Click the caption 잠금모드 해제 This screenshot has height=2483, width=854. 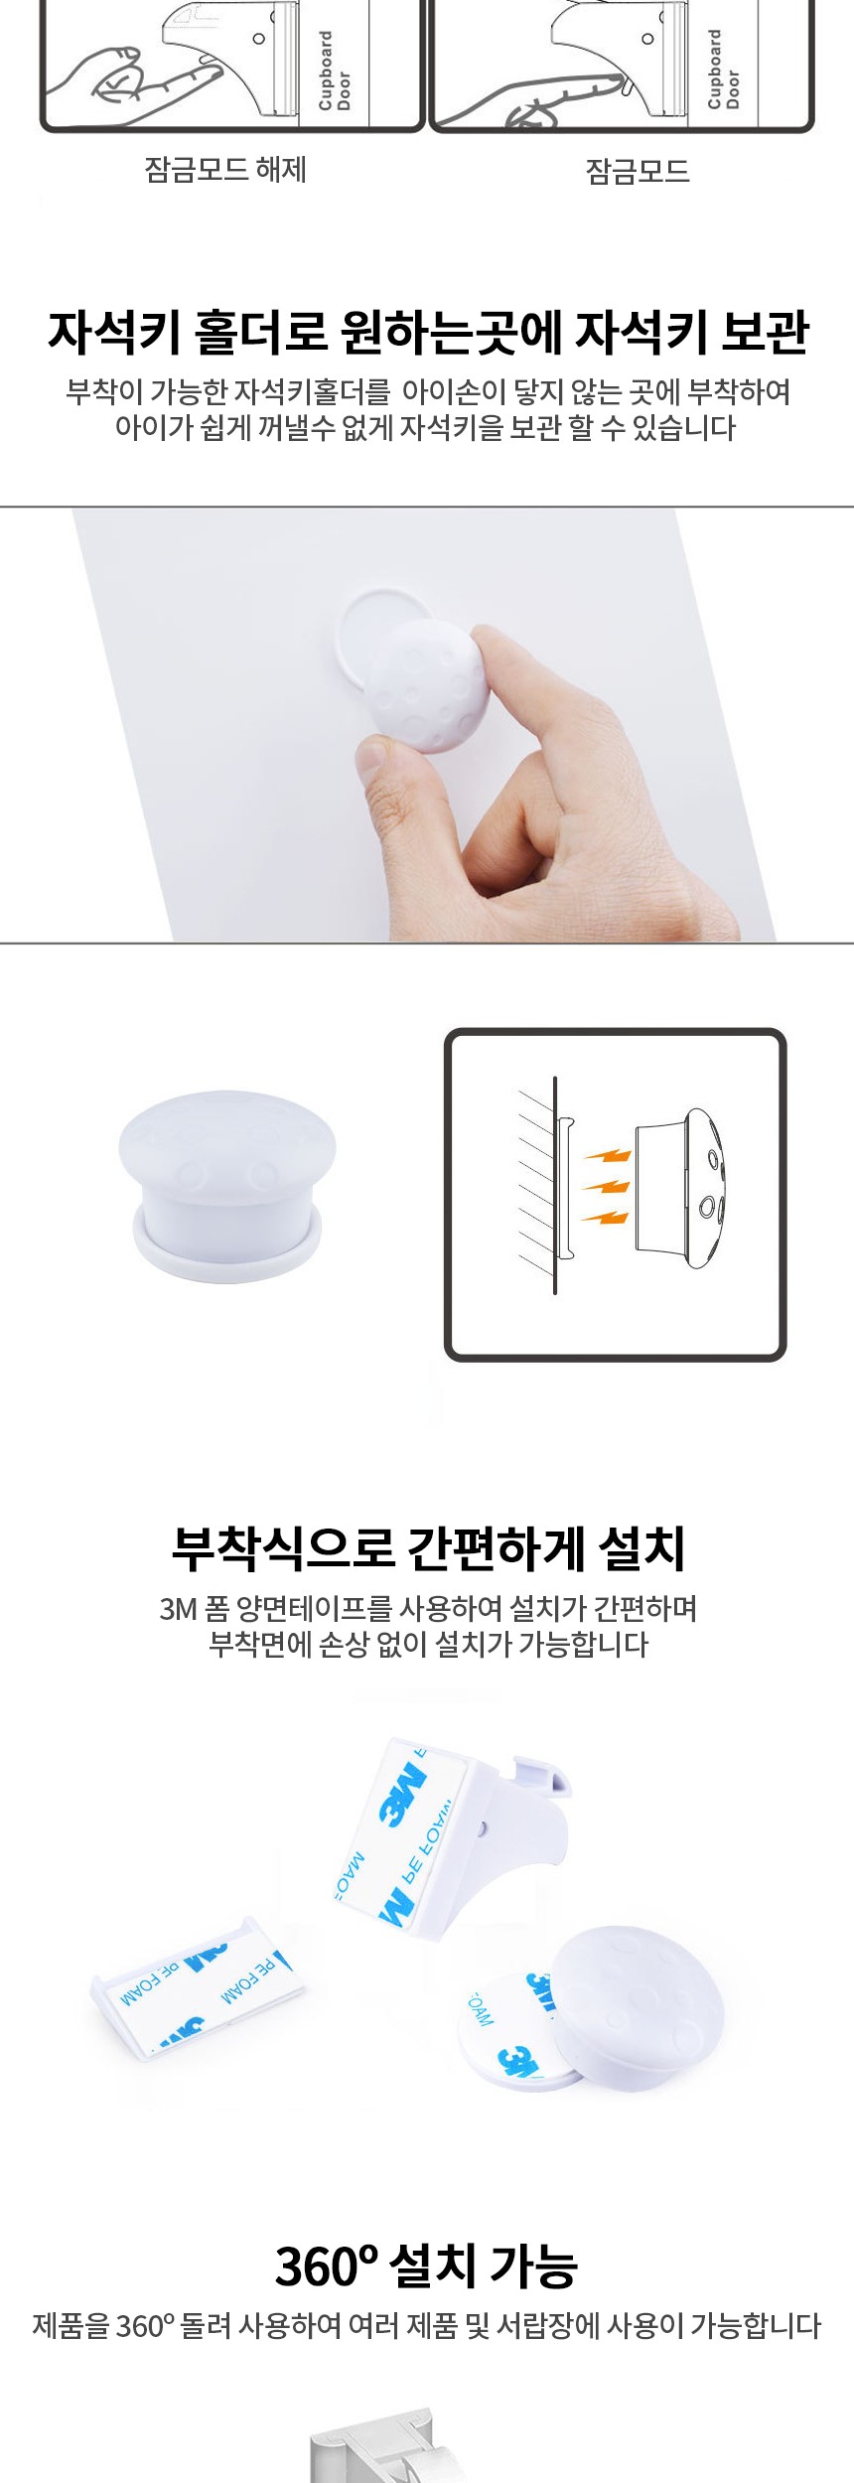pyautogui.click(x=225, y=170)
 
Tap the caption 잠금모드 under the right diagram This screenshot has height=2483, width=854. pyautogui.click(x=638, y=172)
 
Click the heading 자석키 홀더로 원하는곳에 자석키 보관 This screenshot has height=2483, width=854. pyautogui.click(x=428, y=332)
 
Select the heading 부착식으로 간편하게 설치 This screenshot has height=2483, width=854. pyautogui.click(x=428, y=1548)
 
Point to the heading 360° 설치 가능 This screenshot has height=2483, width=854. pyautogui.click(x=427, y=2265)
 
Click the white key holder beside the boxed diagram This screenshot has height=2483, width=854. pyautogui.click(x=227, y=1187)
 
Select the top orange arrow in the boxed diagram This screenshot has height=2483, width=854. pyautogui.click(x=607, y=1155)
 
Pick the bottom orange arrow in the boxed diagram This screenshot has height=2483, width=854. pyautogui.click(x=605, y=1216)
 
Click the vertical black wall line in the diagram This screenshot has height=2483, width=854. pyautogui.click(x=555, y=1185)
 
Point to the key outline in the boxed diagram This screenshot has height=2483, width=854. pyautogui.click(x=681, y=1188)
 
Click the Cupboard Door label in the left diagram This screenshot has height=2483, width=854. pyautogui.click(x=335, y=70)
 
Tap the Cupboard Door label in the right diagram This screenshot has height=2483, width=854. pyautogui.click(x=724, y=69)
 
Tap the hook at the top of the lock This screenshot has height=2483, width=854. pyautogui.click(x=542, y=1775)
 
